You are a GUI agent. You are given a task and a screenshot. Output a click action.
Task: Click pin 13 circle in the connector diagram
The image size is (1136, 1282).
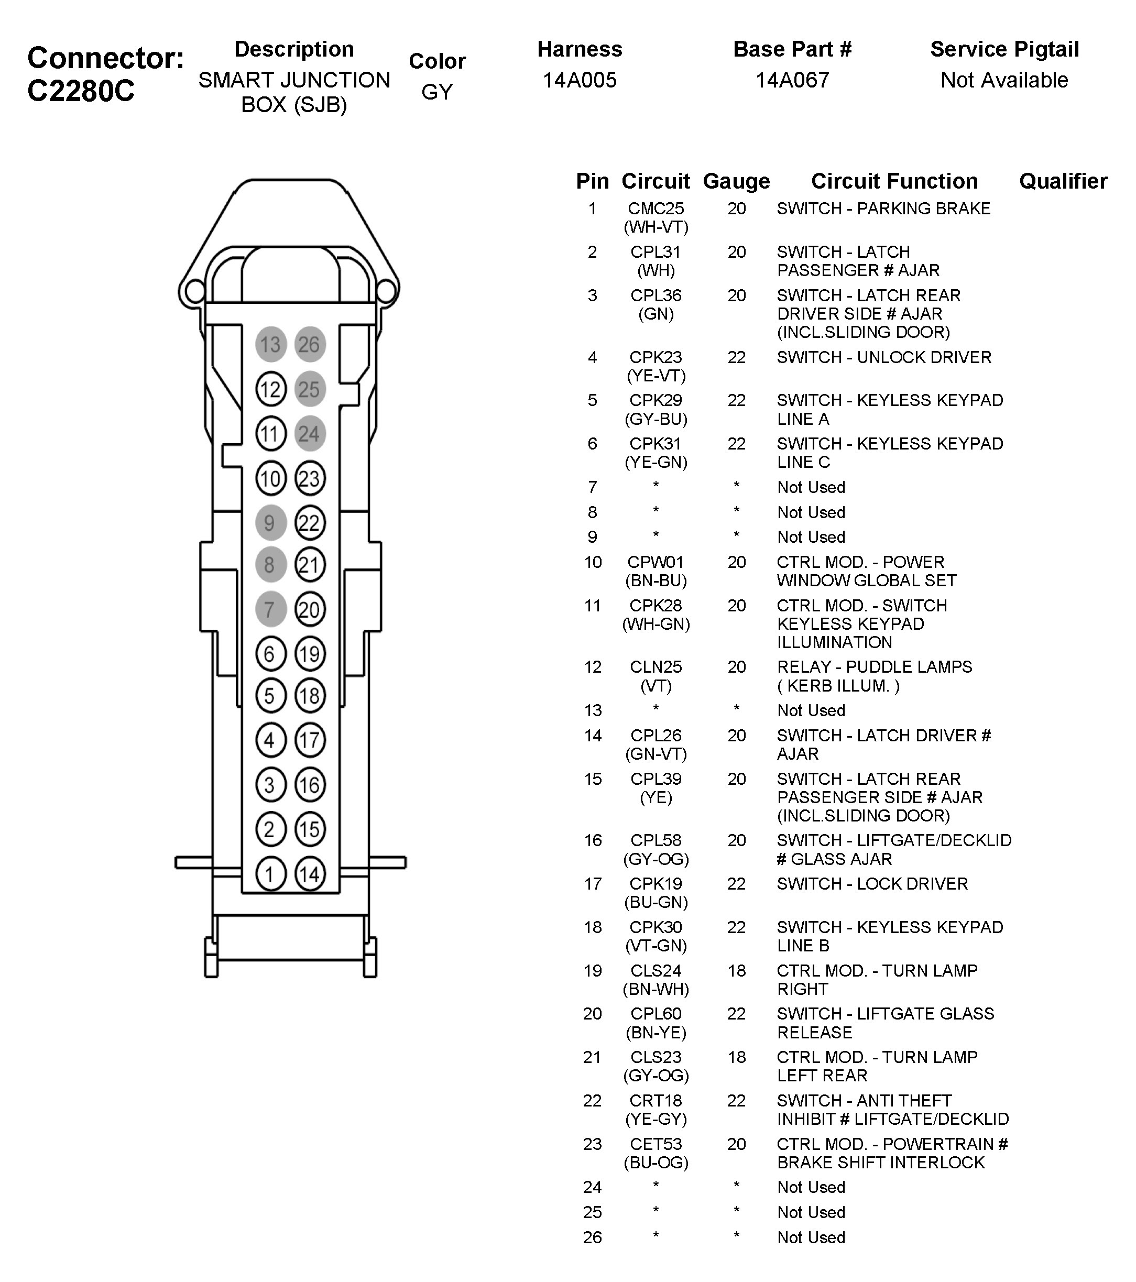(x=270, y=344)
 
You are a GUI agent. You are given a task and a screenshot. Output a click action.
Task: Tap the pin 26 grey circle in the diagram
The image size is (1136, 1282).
(x=309, y=344)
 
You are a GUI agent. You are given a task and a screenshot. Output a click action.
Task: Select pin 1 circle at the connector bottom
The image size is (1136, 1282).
(x=270, y=874)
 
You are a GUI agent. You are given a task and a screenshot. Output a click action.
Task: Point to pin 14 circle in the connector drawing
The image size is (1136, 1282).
(x=309, y=874)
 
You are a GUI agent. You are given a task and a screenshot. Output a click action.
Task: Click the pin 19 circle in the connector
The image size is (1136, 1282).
(x=309, y=654)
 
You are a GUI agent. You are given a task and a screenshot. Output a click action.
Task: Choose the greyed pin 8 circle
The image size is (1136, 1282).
(x=270, y=565)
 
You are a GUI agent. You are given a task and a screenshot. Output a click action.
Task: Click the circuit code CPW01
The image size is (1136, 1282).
(x=656, y=562)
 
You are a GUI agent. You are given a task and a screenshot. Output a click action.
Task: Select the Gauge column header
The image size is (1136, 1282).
(x=736, y=181)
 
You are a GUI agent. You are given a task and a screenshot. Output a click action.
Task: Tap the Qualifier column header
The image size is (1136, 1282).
(x=1063, y=181)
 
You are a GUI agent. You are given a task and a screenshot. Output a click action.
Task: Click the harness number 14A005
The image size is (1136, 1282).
(x=580, y=80)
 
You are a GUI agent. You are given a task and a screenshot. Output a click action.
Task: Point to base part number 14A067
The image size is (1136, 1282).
(x=792, y=80)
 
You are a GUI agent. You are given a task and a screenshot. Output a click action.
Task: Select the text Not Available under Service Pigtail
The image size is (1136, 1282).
(x=1004, y=80)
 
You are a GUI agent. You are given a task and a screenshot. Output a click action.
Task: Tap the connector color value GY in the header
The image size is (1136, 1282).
(x=436, y=92)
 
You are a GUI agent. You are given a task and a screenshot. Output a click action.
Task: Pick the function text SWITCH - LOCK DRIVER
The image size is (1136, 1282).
(x=872, y=884)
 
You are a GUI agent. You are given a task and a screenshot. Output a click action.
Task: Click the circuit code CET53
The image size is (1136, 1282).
(x=656, y=1144)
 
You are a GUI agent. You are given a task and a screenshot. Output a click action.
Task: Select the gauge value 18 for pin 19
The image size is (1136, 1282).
(x=736, y=971)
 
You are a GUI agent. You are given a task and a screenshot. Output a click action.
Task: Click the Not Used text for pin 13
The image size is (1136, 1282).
(x=811, y=710)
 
